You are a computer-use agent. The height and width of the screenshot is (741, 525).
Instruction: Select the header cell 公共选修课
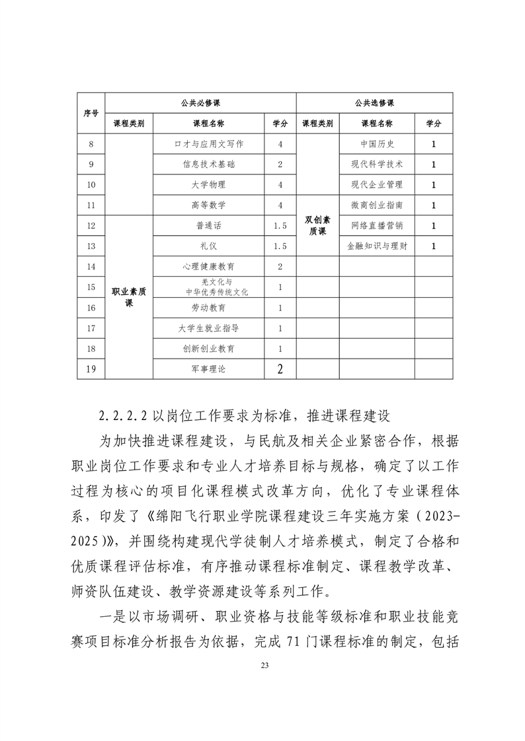[x=374, y=102]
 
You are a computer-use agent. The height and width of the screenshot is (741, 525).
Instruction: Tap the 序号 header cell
[x=91, y=113]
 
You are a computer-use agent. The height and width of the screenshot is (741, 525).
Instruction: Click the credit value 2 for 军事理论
[x=280, y=369]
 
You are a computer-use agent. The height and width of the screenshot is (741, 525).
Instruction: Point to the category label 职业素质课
[x=129, y=297]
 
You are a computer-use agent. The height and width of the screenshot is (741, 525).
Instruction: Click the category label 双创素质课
[x=317, y=226]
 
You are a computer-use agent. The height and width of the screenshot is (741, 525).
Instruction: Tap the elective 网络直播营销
[x=377, y=226]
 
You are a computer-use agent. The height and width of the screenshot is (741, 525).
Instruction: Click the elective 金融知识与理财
[x=377, y=246]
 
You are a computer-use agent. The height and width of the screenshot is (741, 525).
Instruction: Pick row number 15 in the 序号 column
[x=91, y=287]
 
